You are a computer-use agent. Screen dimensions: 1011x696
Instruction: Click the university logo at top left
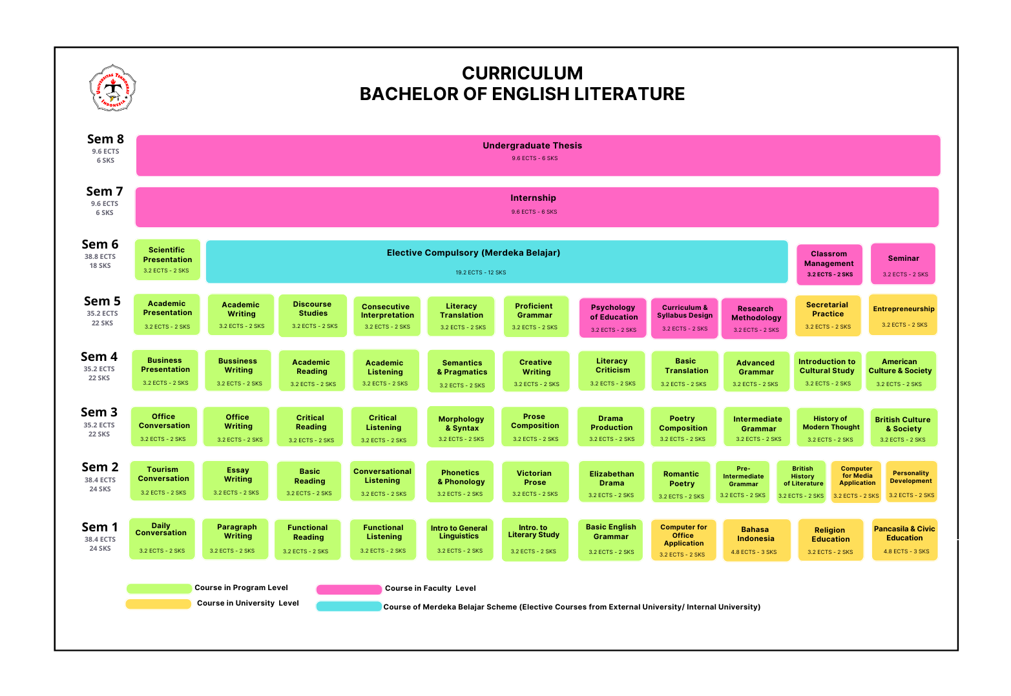[113, 88]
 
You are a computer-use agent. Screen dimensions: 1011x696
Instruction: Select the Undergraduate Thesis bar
[538, 155]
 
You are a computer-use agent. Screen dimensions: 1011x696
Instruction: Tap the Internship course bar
[537, 207]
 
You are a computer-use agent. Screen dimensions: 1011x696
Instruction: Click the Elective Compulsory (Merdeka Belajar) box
[497, 261]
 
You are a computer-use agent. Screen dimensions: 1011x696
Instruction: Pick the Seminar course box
[902, 264]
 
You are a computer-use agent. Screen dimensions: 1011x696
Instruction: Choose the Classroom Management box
[829, 264]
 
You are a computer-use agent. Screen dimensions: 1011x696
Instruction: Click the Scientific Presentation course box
[167, 260]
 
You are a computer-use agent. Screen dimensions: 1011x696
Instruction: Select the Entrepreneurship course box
[902, 315]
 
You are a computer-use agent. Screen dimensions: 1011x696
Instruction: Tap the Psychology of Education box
[613, 318]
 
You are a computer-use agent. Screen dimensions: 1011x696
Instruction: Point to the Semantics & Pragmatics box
[461, 371]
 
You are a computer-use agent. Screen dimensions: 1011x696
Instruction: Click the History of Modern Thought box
[830, 427]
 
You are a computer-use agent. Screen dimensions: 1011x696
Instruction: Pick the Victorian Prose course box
[536, 482]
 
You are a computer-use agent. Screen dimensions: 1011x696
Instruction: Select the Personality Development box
[912, 481]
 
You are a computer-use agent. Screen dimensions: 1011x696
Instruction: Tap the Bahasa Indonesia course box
[756, 540]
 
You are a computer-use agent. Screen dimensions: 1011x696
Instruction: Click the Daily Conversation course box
[162, 538]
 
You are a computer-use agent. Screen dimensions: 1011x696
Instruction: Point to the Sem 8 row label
[105, 148]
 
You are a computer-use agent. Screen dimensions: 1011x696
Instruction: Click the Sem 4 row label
[99, 365]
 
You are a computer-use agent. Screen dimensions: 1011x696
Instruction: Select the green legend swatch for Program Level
[160, 588]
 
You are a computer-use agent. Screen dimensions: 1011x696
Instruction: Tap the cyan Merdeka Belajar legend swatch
[349, 606]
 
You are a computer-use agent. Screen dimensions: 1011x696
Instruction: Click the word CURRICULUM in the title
[522, 73]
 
